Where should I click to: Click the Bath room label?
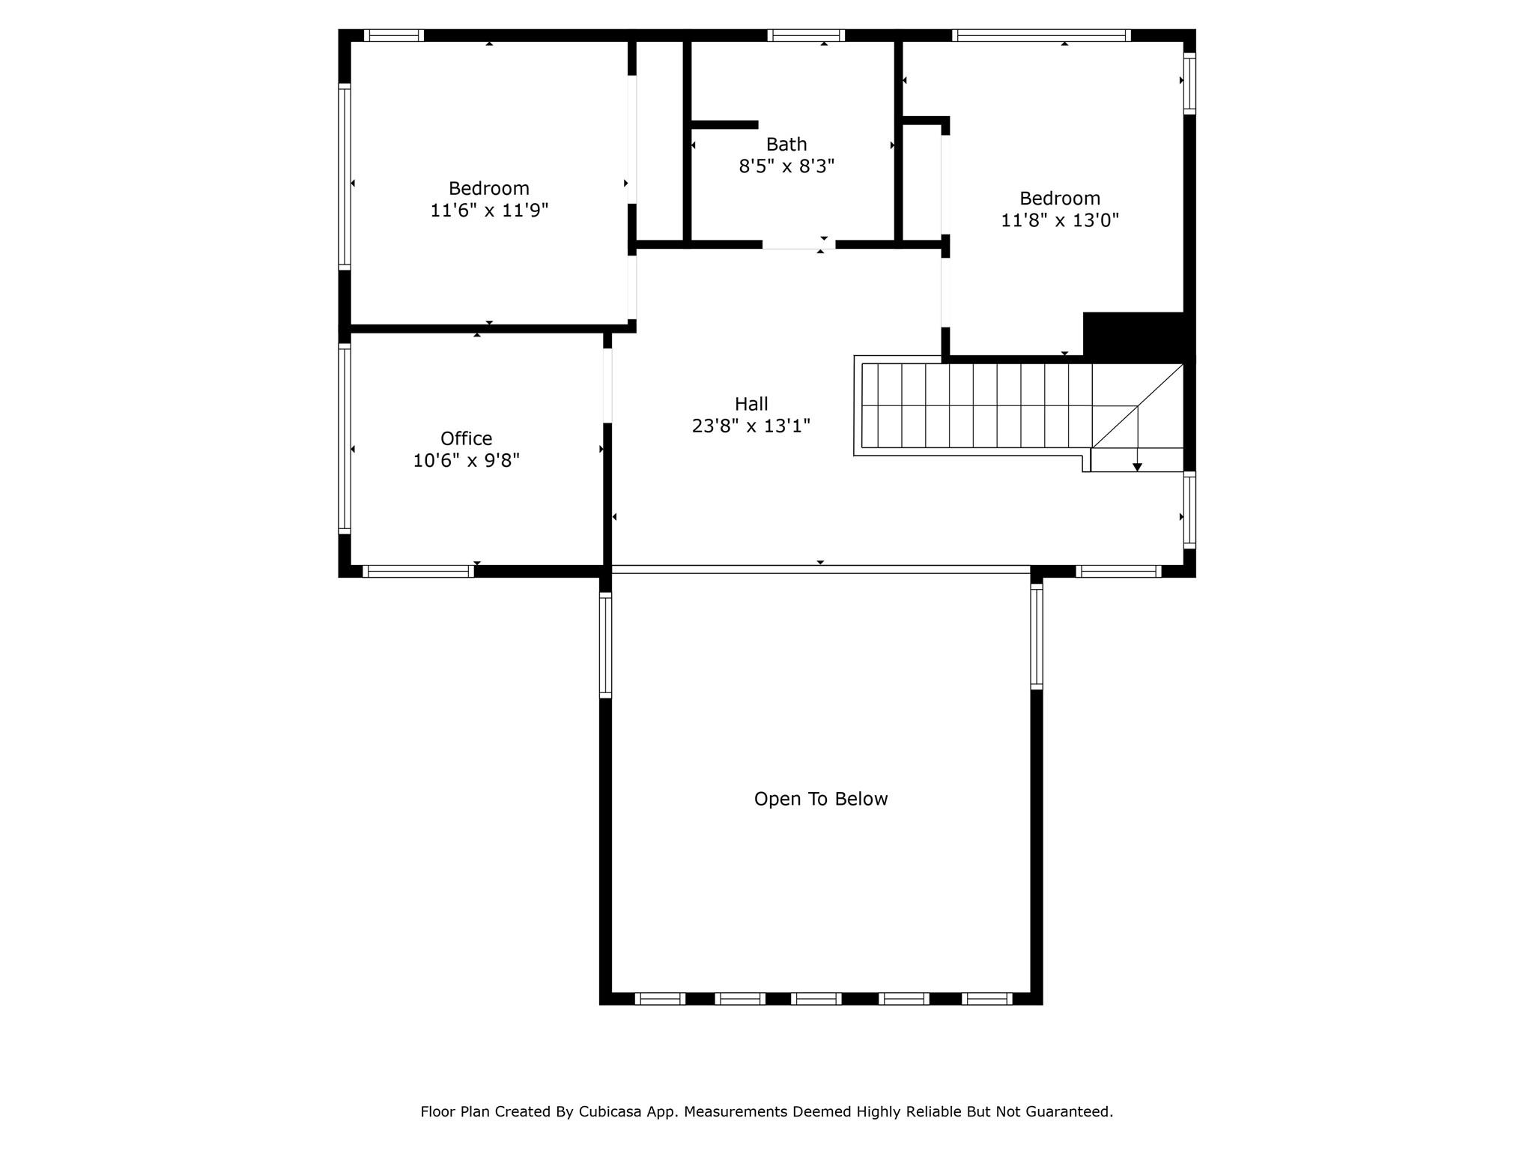point(786,144)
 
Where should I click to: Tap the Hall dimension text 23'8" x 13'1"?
point(751,426)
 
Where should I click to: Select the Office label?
point(466,438)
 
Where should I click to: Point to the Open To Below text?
point(821,799)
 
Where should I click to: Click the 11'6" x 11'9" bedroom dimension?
point(489,210)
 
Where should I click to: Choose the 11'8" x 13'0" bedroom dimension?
point(1060,220)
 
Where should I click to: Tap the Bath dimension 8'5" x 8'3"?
point(786,166)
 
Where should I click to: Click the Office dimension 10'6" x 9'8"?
point(466,460)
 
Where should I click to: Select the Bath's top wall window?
point(806,35)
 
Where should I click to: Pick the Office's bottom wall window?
point(419,571)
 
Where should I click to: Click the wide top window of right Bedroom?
point(1041,35)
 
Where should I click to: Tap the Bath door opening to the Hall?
point(798,244)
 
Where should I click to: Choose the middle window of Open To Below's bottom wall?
point(816,998)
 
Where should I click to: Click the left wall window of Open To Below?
point(605,645)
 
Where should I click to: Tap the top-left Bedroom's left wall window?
point(345,177)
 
